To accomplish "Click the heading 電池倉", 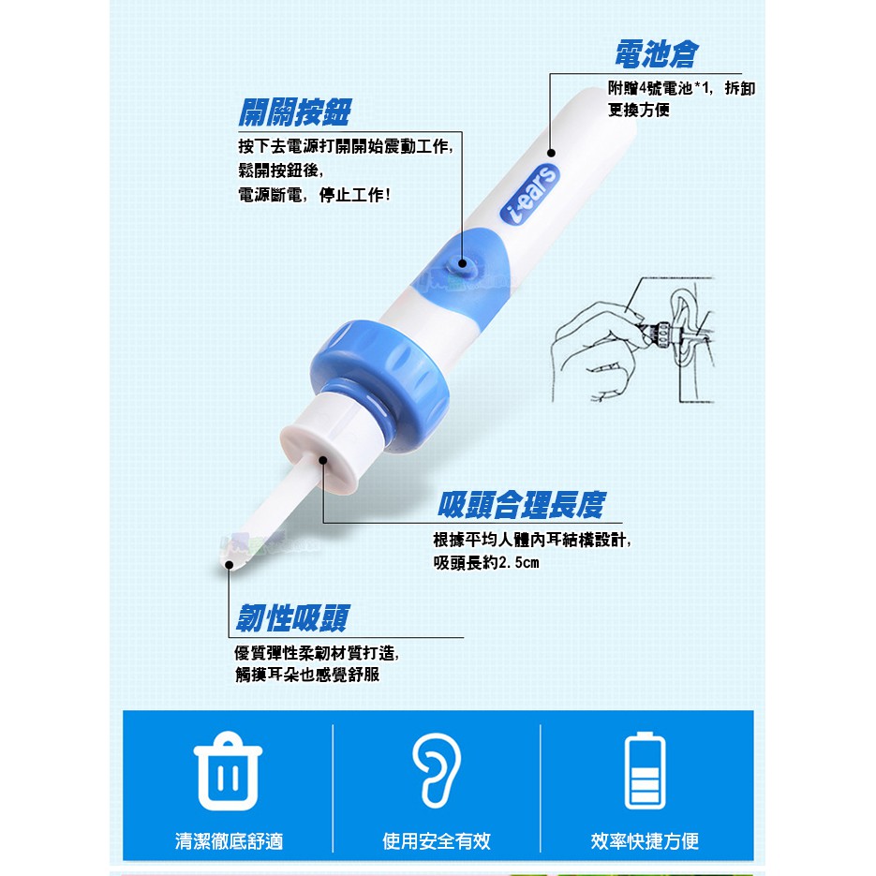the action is click(657, 54).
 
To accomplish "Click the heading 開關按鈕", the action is click(294, 112).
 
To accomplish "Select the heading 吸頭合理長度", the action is click(521, 505).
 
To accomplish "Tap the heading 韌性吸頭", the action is click(292, 618).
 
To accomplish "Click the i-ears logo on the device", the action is click(529, 194).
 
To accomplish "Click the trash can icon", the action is click(228, 771).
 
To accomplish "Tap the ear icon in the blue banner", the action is click(437, 770).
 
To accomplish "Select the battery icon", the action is click(645, 770).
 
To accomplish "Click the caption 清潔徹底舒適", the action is click(229, 840).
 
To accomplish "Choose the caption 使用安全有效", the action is click(437, 840).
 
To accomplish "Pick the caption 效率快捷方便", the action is click(645, 840).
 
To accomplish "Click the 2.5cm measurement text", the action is click(518, 562).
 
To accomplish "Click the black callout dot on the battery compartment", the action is click(551, 153).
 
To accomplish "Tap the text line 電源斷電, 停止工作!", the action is click(314, 195).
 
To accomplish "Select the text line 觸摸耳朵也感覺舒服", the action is click(307, 675).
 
